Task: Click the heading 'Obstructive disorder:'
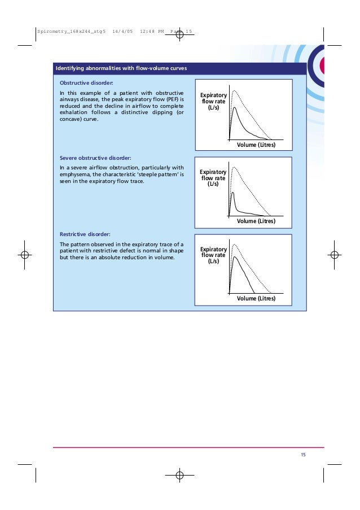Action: (87, 82)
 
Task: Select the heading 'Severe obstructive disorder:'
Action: (95, 158)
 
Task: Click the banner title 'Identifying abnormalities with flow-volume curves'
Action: (121, 69)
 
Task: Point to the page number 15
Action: (303, 455)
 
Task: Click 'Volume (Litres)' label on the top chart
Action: (256, 146)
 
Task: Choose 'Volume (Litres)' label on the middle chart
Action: (256, 221)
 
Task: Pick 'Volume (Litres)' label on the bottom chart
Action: (256, 298)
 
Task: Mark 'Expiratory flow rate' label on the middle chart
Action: (213, 178)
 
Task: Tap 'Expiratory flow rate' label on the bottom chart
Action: (213, 255)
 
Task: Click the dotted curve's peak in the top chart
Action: (234, 90)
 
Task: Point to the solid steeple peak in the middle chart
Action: (232, 193)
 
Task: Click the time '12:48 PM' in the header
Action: (152, 32)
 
